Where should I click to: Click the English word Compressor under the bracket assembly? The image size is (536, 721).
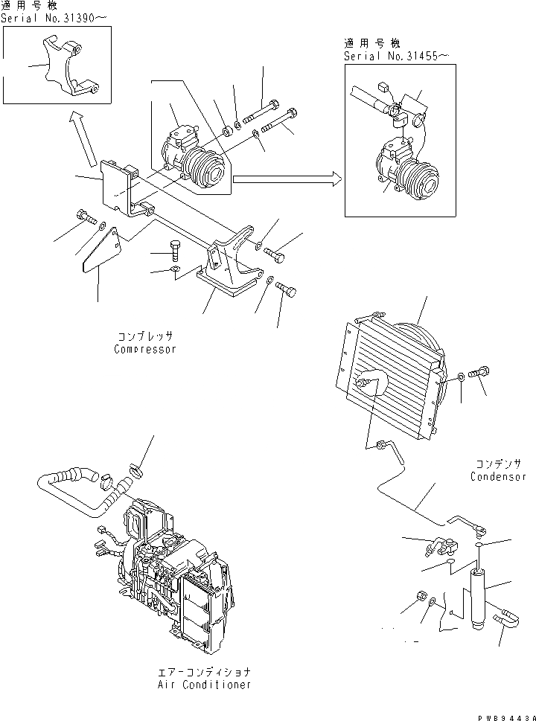coord(145,349)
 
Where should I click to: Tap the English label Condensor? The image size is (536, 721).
coord(498,477)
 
